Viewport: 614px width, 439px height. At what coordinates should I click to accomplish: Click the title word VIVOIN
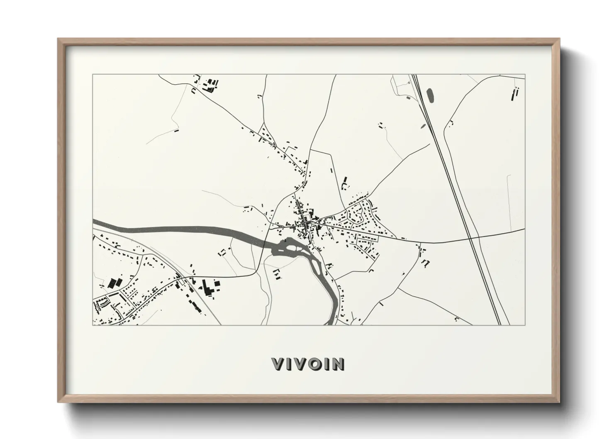pyautogui.click(x=308, y=364)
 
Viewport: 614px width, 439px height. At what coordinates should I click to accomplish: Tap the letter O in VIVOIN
pyautogui.click(x=317, y=364)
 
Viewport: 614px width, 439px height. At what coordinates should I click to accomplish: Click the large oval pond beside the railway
pyautogui.click(x=430, y=95)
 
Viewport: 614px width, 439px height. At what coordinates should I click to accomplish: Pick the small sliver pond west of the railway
pyautogui.click(x=423, y=127)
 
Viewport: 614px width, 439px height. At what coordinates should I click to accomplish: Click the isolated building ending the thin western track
pyautogui.click(x=176, y=131)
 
